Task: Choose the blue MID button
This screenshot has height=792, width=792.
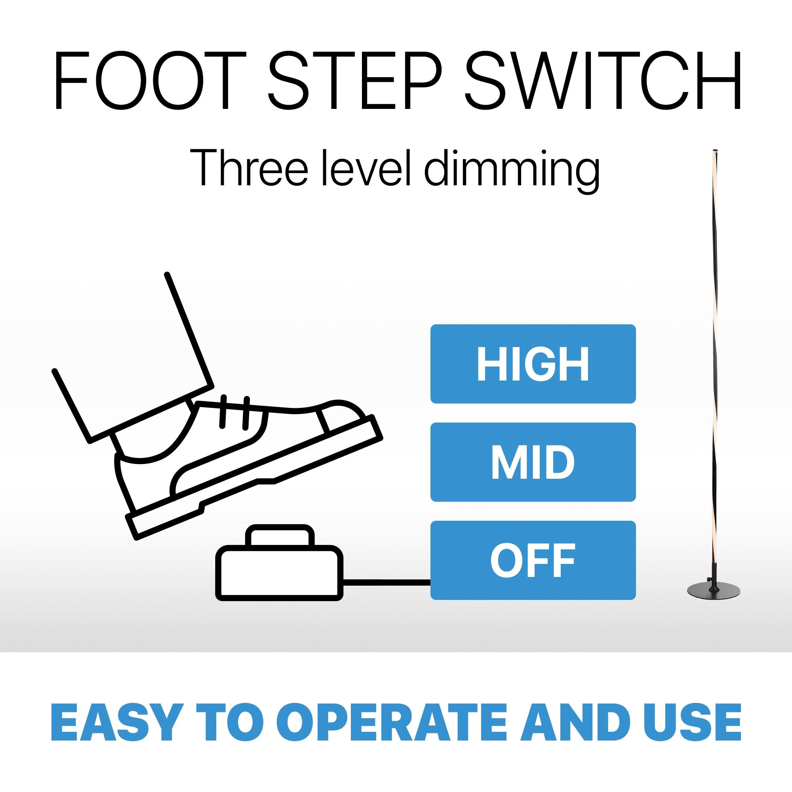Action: point(533,462)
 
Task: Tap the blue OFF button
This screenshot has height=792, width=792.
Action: point(533,560)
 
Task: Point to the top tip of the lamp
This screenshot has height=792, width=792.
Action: point(715,150)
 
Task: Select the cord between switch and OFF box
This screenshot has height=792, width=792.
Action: point(386,581)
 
